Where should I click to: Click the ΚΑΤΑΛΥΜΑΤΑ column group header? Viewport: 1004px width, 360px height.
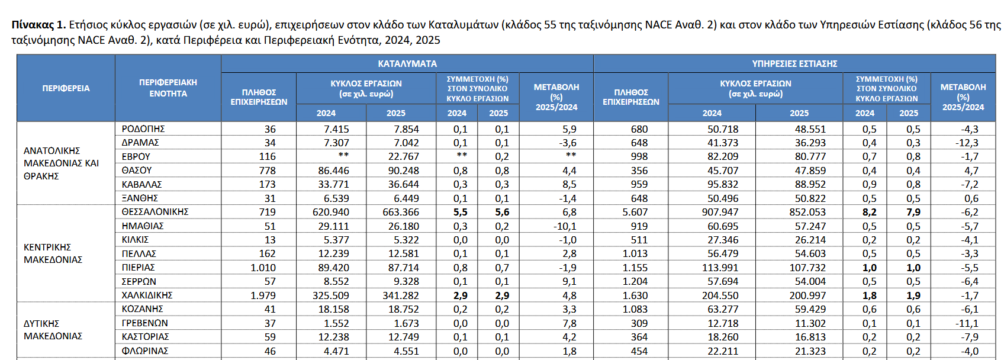click(407, 63)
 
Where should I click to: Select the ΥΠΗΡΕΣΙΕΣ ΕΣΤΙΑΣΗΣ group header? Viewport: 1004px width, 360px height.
click(794, 63)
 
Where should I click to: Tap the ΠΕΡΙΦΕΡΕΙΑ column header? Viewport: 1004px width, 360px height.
click(66, 88)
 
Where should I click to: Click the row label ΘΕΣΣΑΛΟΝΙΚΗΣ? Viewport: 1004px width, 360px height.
click(155, 212)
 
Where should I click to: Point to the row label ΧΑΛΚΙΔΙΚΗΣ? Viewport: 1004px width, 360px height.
click(147, 295)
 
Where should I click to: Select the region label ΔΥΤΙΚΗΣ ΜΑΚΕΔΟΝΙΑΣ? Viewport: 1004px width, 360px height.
click(53, 330)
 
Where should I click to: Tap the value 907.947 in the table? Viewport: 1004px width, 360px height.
click(720, 212)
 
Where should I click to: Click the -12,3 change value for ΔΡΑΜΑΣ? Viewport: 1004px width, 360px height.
click(967, 143)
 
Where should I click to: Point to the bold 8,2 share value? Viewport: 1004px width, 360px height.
click(869, 212)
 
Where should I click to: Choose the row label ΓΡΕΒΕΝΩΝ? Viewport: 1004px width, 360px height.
click(145, 323)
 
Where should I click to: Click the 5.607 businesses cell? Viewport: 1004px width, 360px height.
click(635, 212)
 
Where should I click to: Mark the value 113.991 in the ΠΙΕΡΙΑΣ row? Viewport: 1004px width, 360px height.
click(720, 268)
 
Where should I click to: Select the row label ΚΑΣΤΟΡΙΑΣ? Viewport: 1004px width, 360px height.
click(145, 337)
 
